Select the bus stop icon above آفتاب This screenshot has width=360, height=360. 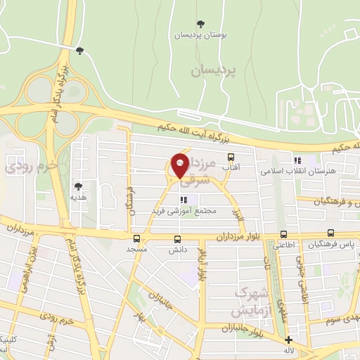pos(230,157)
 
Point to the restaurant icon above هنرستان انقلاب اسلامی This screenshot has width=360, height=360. pos(297,160)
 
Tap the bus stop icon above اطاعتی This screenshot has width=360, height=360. pos(283,235)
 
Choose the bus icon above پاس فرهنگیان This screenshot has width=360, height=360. pos(330,234)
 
